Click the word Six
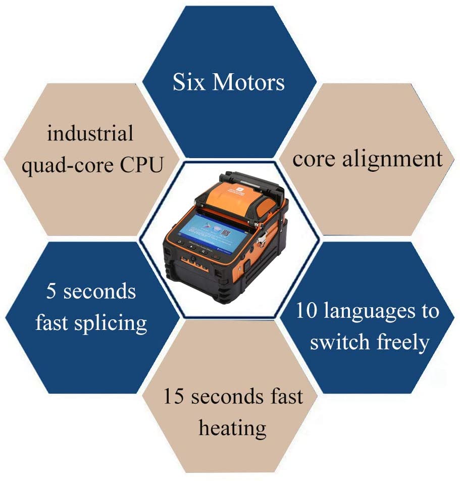click(x=188, y=82)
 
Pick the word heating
click(x=232, y=428)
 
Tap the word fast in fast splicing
click(x=54, y=322)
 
